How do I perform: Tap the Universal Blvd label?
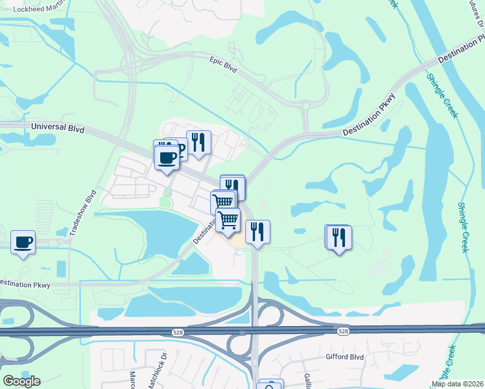(58, 129)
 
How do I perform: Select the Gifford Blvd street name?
(346, 357)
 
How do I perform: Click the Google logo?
(21, 381)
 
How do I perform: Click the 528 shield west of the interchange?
(177, 332)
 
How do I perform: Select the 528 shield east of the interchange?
(344, 331)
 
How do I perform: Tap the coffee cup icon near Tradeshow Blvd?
(23, 242)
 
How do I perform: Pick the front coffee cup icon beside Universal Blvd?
(167, 158)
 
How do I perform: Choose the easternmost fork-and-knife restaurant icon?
(338, 237)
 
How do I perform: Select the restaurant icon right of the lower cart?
(257, 231)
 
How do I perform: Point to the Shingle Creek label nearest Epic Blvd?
(442, 95)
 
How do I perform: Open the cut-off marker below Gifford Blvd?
(271, 384)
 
